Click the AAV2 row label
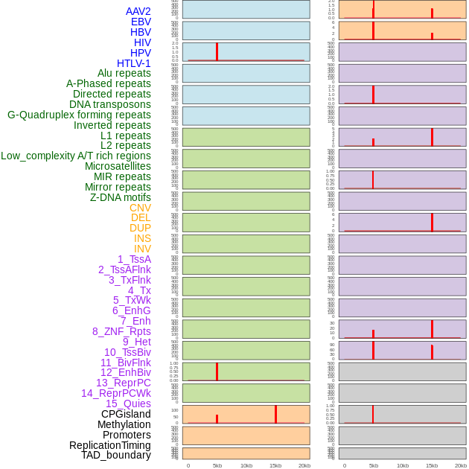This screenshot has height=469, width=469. coord(138,11)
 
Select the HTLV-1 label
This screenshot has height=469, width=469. coord(134,63)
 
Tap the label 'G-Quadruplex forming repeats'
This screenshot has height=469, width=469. coord(79,115)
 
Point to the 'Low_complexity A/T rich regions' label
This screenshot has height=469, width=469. coord(76,156)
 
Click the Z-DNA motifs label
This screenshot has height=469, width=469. coord(121,197)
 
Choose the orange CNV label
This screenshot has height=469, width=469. coord(140,208)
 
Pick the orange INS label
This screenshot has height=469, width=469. coord(142,238)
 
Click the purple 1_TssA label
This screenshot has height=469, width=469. coord(134,259)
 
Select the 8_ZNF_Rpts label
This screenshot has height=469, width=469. coord(121,331)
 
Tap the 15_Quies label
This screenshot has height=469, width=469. coord(128,403)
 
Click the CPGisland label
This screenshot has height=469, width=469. coord(126,414)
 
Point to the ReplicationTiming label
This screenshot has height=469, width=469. coord(110,445)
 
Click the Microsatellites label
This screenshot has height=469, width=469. coord(118,166)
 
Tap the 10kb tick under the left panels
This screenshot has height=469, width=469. coord(246,465)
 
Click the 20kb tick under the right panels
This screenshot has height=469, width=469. coord(461,465)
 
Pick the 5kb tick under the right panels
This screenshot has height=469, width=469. coord(374,465)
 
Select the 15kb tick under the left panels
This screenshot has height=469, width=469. coord(275,465)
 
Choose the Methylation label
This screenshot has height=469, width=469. coord(124,424)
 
